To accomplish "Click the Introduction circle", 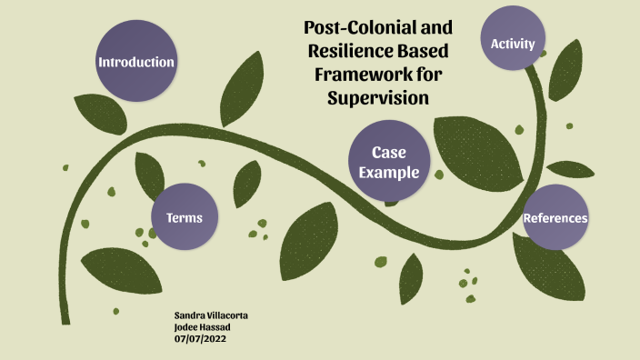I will (x=136, y=62).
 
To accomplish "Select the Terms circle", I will (x=185, y=217).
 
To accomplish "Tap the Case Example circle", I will (x=389, y=163).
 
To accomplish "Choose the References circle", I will (x=555, y=218).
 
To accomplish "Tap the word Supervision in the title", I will (x=377, y=97).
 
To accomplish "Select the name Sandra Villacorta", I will (x=211, y=315).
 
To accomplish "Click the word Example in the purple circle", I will (x=389, y=173).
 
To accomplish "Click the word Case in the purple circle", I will (x=389, y=153).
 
